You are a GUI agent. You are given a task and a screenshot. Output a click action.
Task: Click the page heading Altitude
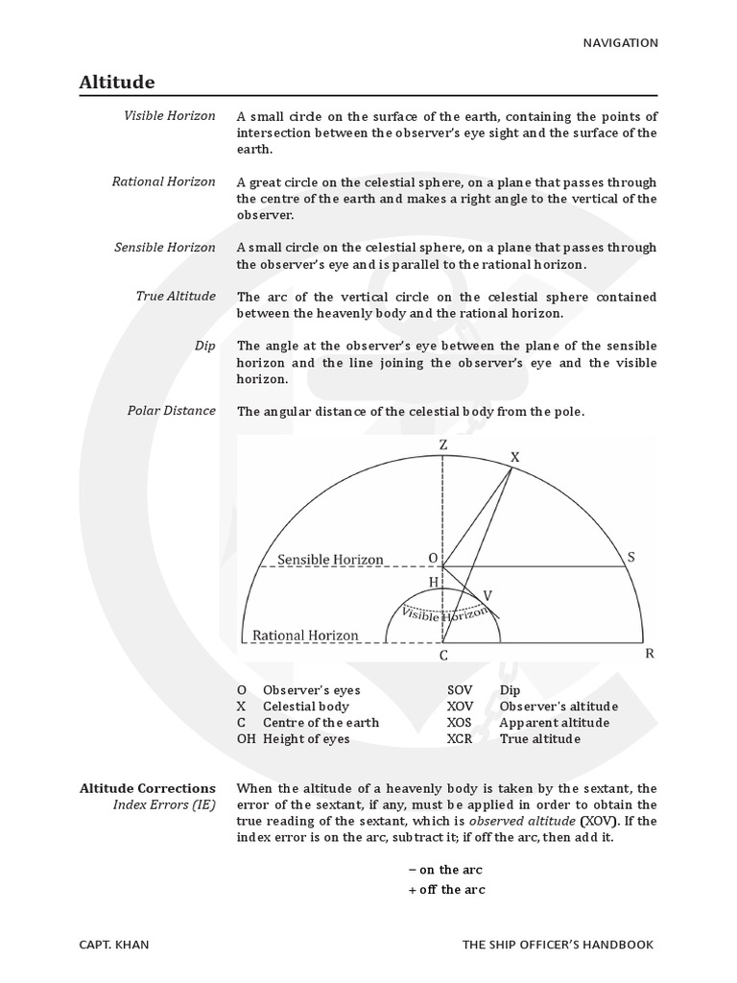click(x=117, y=83)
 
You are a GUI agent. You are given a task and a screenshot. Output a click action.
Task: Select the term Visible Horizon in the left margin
click(x=170, y=115)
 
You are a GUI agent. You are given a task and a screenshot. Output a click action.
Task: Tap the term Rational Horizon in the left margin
click(x=164, y=180)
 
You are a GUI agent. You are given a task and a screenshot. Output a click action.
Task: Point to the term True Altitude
click(x=178, y=296)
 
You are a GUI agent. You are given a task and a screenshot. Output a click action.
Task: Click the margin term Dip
click(x=204, y=345)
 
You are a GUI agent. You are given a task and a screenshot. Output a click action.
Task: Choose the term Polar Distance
click(x=172, y=411)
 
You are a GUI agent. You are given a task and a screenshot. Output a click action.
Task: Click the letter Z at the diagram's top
click(x=442, y=444)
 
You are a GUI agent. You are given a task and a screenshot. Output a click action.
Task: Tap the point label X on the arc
click(x=514, y=458)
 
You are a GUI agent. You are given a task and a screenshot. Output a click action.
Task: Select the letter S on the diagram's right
click(x=630, y=557)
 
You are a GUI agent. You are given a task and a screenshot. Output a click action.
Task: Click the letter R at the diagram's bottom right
click(x=649, y=654)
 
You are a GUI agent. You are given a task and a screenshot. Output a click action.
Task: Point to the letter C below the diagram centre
click(x=443, y=656)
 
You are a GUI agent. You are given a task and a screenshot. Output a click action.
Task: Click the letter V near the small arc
click(x=487, y=595)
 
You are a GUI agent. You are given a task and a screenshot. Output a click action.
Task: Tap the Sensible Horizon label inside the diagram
click(x=330, y=560)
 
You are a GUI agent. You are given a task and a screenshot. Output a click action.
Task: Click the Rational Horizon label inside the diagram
click(x=305, y=635)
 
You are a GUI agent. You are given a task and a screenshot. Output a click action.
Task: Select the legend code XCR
click(x=461, y=739)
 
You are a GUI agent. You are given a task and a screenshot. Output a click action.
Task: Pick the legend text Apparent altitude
click(x=555, y=723)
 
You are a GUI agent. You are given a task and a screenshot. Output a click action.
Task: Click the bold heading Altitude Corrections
click(x=148, y=788)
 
